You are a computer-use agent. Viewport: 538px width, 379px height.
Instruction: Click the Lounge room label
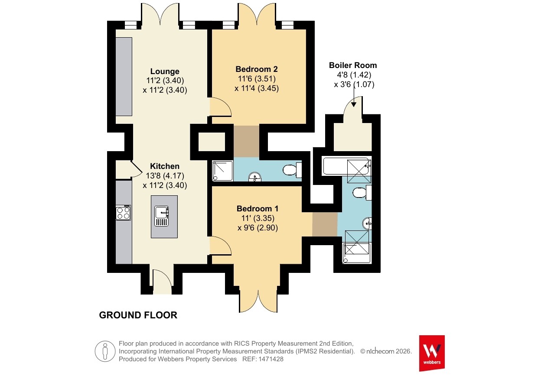165,71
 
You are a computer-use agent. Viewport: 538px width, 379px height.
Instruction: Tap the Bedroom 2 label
257,69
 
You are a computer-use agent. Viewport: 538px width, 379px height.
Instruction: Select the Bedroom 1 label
258,209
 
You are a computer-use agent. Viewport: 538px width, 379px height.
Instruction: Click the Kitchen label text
165,166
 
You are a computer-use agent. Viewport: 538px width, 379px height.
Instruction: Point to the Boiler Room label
353,65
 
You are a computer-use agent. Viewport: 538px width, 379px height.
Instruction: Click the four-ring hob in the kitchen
124,213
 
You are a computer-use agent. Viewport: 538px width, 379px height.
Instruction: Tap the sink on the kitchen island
161,216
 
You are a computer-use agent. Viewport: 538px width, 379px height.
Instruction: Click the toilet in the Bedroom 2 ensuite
292,170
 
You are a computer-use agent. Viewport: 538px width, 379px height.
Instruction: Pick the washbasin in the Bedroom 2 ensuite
255,177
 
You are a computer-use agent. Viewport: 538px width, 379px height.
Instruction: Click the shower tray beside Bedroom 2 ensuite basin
223,171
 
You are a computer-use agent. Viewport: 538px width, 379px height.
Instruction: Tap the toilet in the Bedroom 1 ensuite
362,192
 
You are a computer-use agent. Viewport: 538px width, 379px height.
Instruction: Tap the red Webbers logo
432,353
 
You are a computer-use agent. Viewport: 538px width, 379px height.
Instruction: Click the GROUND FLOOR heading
138,315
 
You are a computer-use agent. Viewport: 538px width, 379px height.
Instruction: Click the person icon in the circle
105,351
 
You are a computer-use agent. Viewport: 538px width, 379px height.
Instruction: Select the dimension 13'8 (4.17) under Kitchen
165,176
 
